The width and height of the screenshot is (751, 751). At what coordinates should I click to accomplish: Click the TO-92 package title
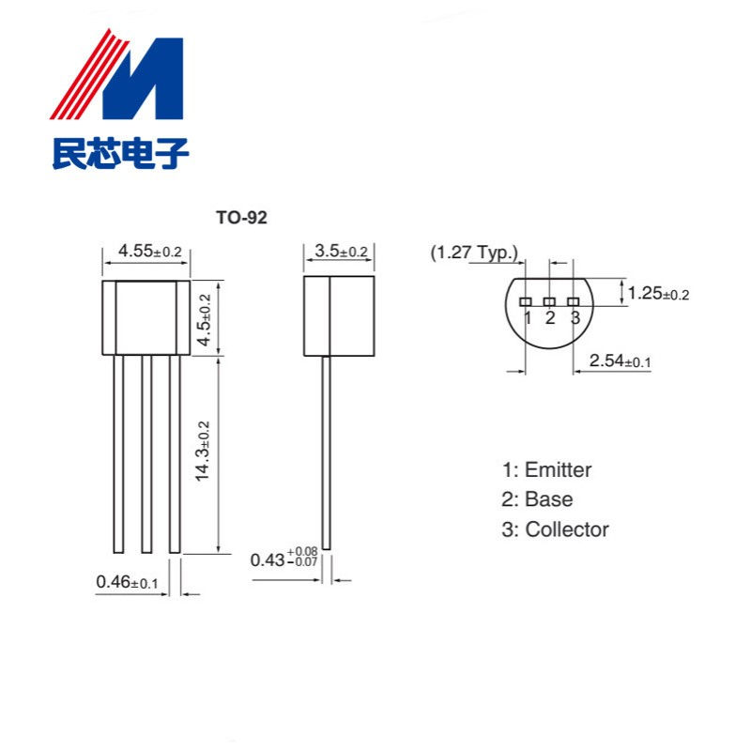[x=242, y=218]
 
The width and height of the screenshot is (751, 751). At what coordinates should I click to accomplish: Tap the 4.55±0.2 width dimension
[x=149, y=252]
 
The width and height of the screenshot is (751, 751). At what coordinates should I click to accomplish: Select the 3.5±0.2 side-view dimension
[x=341, y=252]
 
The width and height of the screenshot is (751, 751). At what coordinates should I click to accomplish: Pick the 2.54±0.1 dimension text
[x=621, y=360]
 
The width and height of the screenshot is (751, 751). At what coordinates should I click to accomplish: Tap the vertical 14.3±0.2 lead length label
[x=203, y=452]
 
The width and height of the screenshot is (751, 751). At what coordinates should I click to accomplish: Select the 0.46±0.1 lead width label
[x=128, y=583]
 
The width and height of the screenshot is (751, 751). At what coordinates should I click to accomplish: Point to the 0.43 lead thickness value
[x=268, y=559]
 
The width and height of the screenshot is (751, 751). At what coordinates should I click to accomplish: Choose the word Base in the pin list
[x=548, y=499]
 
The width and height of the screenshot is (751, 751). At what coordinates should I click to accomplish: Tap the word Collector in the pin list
[x=567, y=529]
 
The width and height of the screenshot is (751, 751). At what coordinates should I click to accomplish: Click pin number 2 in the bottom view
[x=550, y=317]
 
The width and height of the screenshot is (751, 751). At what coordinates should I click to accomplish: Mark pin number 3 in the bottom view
[x=575, y=317]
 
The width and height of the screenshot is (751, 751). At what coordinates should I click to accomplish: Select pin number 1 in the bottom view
[x=528, y=317]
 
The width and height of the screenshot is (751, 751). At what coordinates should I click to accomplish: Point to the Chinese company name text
[x=120, y=152]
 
